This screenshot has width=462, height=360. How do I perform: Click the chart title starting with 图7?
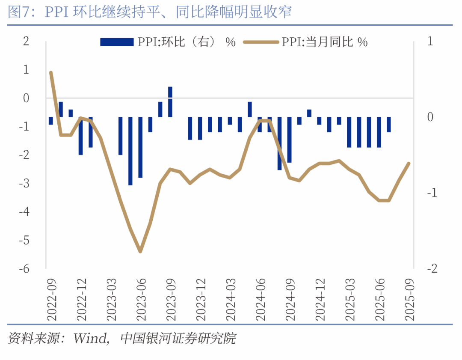point(150,12)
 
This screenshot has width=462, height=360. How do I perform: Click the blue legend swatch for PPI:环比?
point(117,42)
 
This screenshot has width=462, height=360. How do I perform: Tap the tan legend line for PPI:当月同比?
point(261,42)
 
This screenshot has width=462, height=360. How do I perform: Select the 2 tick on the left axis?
point(26,42)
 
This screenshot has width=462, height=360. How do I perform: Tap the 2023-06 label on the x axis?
point(141,299)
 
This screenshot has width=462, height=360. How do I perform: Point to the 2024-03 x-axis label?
point(231,299)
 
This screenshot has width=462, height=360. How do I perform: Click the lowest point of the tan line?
point(140,252)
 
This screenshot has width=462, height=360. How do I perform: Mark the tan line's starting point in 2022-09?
point(51,72)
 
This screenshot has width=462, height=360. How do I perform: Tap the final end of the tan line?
point(409,163)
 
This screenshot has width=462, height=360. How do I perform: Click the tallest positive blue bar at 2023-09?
point(170,101)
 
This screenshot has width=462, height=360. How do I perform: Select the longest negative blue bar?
point(130,151)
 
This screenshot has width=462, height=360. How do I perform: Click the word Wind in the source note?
point(89,339)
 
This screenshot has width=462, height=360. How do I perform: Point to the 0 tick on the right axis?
point(430,117)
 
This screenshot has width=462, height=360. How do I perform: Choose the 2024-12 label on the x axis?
point(320,299)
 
